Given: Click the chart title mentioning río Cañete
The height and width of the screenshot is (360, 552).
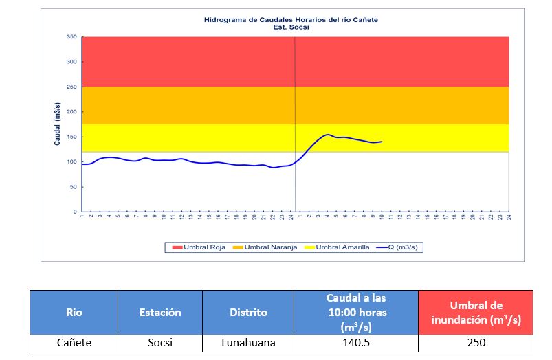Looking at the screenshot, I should coord(291,20).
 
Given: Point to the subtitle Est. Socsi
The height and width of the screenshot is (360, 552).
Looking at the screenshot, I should coord(291,27).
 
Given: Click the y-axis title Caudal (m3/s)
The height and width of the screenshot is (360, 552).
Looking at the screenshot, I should coord(58,124).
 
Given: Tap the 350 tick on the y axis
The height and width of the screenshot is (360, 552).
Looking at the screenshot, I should coord(71,37).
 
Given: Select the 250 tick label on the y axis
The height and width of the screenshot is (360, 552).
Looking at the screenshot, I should coord(71,87).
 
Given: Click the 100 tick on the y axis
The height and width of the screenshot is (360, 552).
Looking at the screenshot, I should coord(71,162).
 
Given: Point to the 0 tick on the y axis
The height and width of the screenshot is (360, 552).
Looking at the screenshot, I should coord(75,212).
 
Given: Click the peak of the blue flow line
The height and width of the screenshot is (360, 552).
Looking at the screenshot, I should coord(327,135).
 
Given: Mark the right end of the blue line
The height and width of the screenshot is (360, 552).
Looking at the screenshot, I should coord(382,142).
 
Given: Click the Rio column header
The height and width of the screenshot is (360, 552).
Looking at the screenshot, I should coord(74,312).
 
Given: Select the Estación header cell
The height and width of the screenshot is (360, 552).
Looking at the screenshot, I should coord(161,312).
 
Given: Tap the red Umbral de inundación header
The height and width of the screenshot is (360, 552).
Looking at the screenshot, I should coord(475,312).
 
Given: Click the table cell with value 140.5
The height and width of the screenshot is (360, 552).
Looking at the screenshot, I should coord(355,343).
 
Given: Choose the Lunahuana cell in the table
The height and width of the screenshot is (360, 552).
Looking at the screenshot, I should coord(249,343).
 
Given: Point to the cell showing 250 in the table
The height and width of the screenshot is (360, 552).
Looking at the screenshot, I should coord(475,343).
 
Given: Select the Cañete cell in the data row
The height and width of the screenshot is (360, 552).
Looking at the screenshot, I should coord(74,343).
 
